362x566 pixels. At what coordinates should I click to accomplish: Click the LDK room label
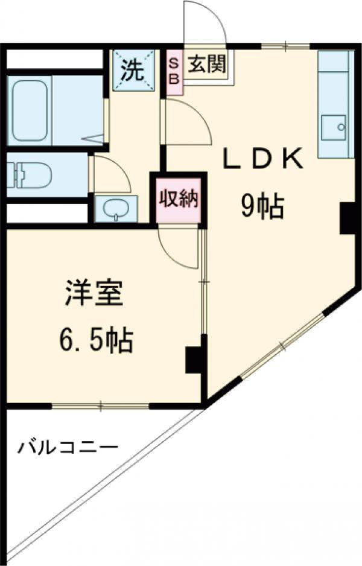pyautogui.click(x=263, y=161)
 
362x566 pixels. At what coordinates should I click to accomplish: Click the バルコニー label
pyautogui.click(x=67, y=448)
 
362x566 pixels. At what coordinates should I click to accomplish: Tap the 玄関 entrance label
pyautogui.click(x=206, y=65)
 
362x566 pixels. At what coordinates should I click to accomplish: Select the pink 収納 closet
pyautogui.click(x=179, y=200)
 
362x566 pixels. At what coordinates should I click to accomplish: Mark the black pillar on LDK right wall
pyautogui.click(x=348, y=218)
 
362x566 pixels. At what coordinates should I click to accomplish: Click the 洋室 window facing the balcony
pyautogui.click(x=100, y=405)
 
